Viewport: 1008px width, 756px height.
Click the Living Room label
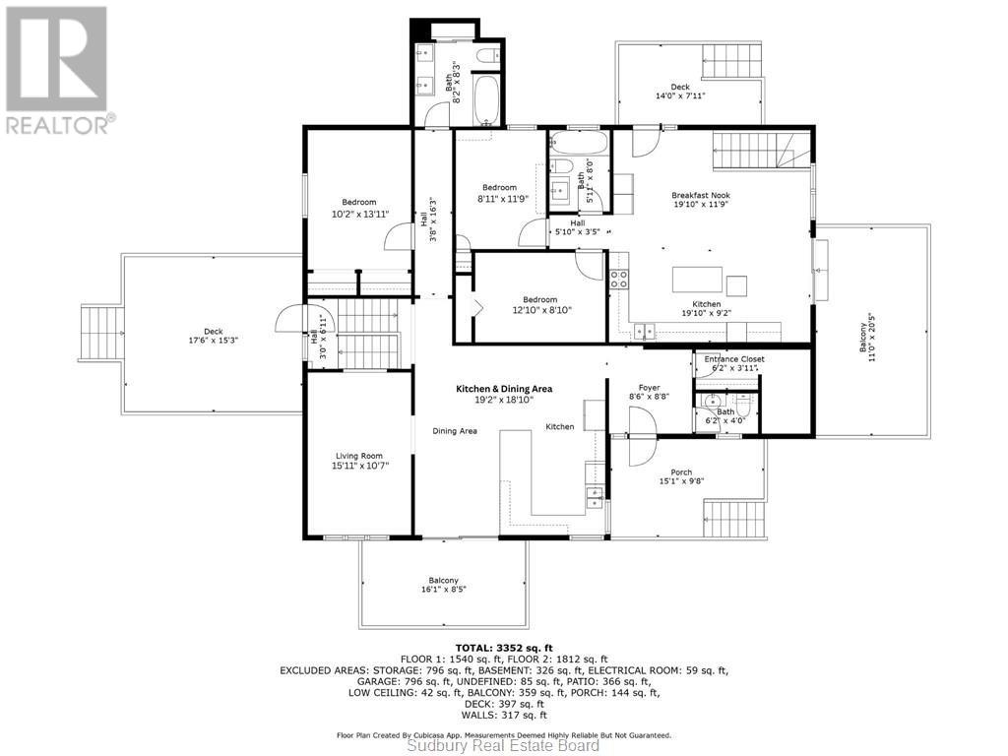[x=358, y=456]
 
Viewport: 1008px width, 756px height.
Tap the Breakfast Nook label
[x=701, y=195]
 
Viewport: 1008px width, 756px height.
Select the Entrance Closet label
[x=734, y=358]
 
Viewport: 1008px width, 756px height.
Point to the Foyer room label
[x=650, y=388]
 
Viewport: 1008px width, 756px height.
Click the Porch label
[x=681, y=472]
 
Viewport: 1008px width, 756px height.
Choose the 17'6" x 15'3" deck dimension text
[x=214, y=340]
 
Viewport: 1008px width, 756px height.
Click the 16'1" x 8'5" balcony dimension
[x=443, y=589]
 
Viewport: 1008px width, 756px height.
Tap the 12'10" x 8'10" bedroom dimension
[x=540, y=309]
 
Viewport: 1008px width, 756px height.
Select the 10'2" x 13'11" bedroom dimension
[x=359, y=214]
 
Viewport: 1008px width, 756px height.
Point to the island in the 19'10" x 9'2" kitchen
[x=698, y=280]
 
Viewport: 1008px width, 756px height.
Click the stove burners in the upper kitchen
[x=619, y=279]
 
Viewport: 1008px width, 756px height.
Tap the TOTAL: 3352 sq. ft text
[x=504, y=648]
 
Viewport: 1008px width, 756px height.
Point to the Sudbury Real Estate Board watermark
[x=504, y=746]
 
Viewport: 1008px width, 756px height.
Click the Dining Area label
[x=455, y=431]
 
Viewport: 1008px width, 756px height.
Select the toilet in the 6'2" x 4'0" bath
[x=744, y=405]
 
